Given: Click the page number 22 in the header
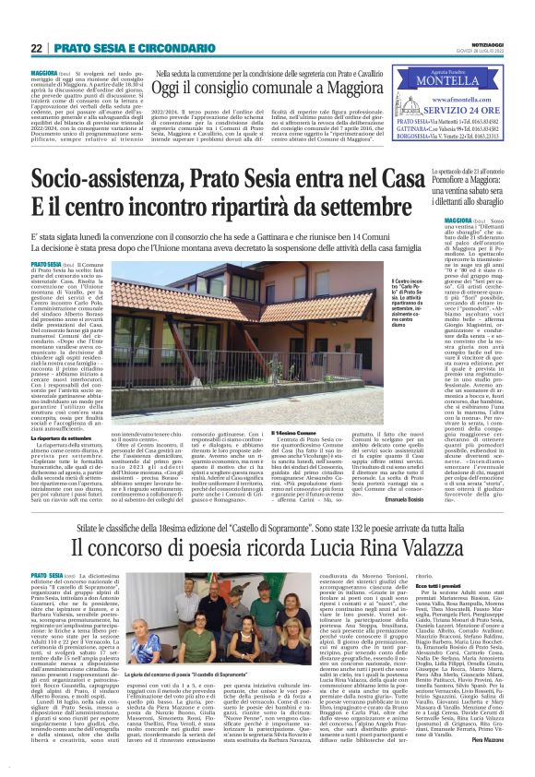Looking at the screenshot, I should (x=36, y=47).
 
